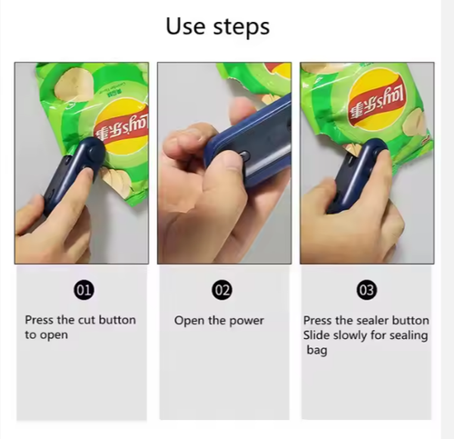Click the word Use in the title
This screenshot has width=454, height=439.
(x=185, y=26)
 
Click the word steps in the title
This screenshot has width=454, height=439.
(x=242, y=28)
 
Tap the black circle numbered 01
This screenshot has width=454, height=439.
(x=84, y=290)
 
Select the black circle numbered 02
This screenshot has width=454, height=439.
(x=222, y=290)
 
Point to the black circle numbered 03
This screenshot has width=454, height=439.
(x=367, y=290)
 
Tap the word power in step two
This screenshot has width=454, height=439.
(x=246, y=321)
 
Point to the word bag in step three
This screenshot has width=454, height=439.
(x=317, y=351)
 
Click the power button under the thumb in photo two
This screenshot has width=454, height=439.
(x=244, y=155)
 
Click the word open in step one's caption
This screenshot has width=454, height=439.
(x=54, y=335)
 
